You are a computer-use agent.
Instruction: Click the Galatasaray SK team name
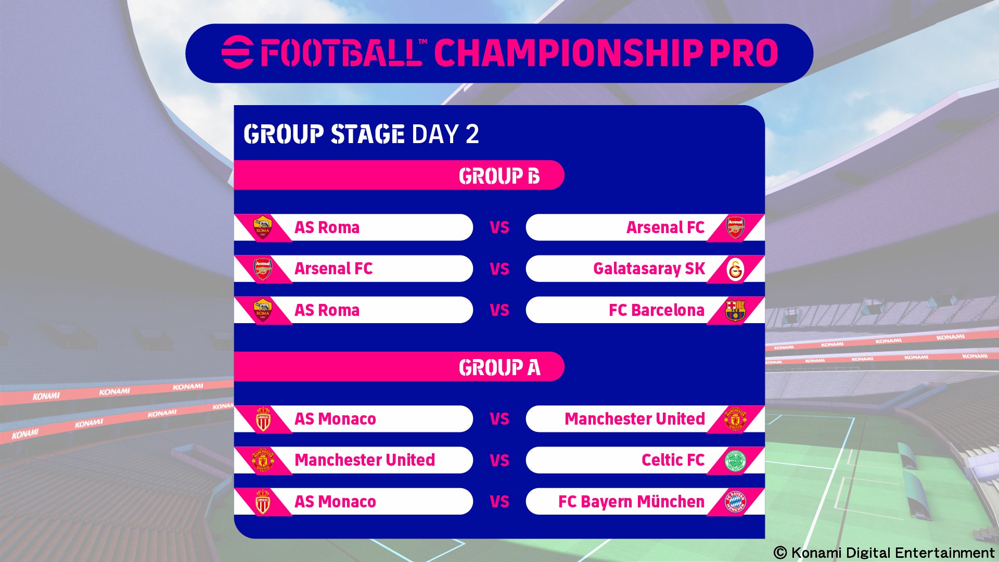pyautogui.click(x=649, y=269)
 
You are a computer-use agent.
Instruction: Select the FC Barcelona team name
pyautogui.click(x=657, y=310)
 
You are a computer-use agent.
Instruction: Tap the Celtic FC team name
pyautogui.click(x=673, y=460)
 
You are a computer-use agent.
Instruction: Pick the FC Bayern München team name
pyautogui.click(x=631, y=502)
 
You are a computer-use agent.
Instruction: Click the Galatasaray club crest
pyautogui.click(x=735, y=269)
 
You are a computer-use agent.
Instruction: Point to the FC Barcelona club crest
pyautogui.click(x=735, y=310)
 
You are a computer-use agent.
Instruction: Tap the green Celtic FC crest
pyautogui.click(x=735, y=461)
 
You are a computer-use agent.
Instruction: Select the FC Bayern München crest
pyautogui.click(x=735, y=502)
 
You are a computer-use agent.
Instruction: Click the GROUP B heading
pyautogui.click(x=499, y=176)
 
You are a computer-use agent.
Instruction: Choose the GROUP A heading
pyautogui.click(x=499, y=367)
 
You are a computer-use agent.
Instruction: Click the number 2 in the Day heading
pyautogui.click(x=472, y=134)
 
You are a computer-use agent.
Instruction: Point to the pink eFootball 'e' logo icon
pyautogui.click(x=237, y=53)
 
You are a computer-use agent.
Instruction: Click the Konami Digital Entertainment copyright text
pyautogui.click(x=883, y=553)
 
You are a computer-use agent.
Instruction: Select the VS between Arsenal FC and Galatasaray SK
pyautogui.click(x=499, y=269)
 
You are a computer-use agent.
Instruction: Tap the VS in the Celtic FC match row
pyautogui.click(x=499, y=461)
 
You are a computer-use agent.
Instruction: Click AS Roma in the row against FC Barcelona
pyautogui.click(x=327, y=310)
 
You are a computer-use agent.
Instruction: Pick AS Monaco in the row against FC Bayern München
pyautogui.click(x=335, y=502)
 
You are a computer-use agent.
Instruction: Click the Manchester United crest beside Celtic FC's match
pyautogui.click(x=263, y=461)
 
